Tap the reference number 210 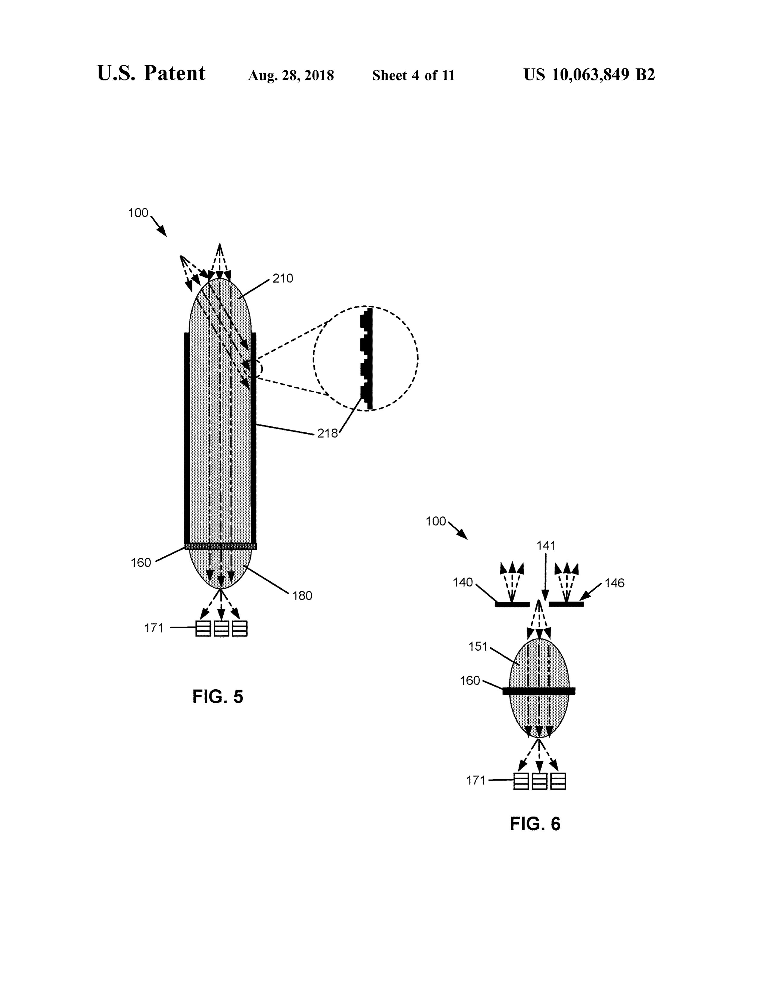pyautogui.click(x=283, y=278)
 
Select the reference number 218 pyautogui.click(x=327, y=434)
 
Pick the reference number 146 pyautogui.click(x=614, y=583)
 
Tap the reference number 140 pyautogui.click(x=463, y=582)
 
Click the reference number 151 pyautogui.click(x=478, y=647)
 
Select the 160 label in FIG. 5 pyautogui.click(x=141, y=563)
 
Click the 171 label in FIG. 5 pyautogui.click(x=154, y=628)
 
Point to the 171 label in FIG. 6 pyautogui.click(x=476, y=780)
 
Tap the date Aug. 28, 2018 pyautogui.click(x=291, y=75)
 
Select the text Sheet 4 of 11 pyautogui.click(x=414, y=75)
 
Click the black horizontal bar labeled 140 pyautogui.click(x=512, y=604)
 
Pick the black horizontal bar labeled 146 pyautogui.click(x=566, y=604)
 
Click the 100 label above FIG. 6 pyautogui.click(x=436, y=521)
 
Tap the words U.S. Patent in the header pyautogui.click(x=151, y=73)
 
